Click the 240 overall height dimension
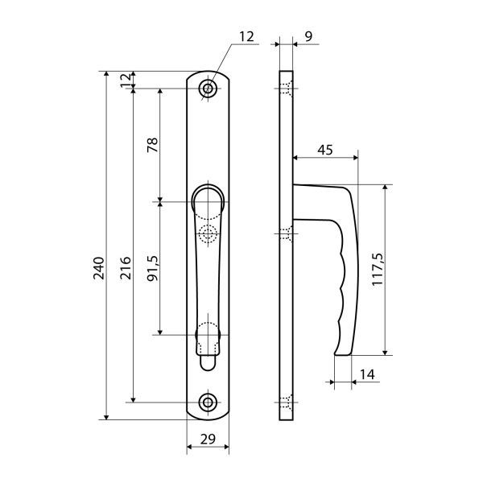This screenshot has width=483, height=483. click(x=99, y=268)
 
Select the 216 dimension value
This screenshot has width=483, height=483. click(x=126, y=268)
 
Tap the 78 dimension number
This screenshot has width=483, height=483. click(x=152, y=145)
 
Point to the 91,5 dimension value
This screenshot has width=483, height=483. click(x=152, y=268)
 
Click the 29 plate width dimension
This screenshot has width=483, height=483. click(x=208, y=439)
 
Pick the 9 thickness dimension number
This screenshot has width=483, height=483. click(x=308, y=36)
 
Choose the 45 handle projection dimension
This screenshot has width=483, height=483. click(x=325, y=150)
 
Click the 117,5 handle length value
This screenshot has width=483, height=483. click(x=378, y=270)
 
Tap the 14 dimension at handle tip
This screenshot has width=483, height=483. click(x=367, y=374)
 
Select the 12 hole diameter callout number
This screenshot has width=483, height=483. click(x=247, y=37)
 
